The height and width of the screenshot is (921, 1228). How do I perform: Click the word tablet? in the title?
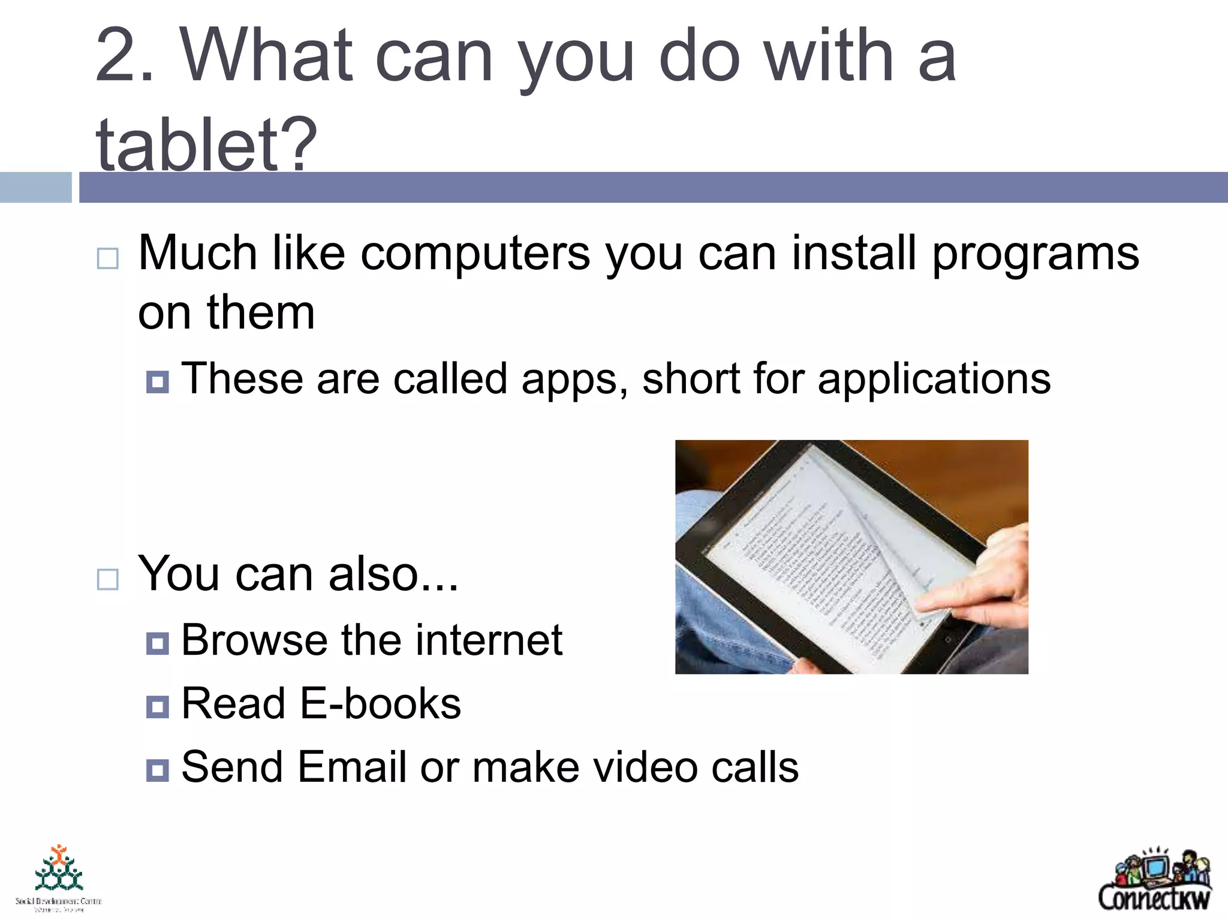(x=206, y=144)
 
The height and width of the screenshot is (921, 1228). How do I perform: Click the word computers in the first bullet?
(x=475, y=254)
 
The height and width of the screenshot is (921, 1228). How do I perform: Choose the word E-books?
(x=380, y=704)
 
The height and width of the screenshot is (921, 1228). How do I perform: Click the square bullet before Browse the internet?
(x=157, y=643)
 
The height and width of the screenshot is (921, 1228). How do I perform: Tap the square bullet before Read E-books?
(x=157, y=707)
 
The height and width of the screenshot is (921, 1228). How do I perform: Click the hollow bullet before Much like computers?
(x=107, y=258)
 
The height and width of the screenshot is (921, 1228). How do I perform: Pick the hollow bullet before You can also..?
(x=107, y=579)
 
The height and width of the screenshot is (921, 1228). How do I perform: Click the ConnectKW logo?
(x=1154, y=880)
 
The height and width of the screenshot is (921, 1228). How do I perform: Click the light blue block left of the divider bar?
(x=35, y=187)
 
